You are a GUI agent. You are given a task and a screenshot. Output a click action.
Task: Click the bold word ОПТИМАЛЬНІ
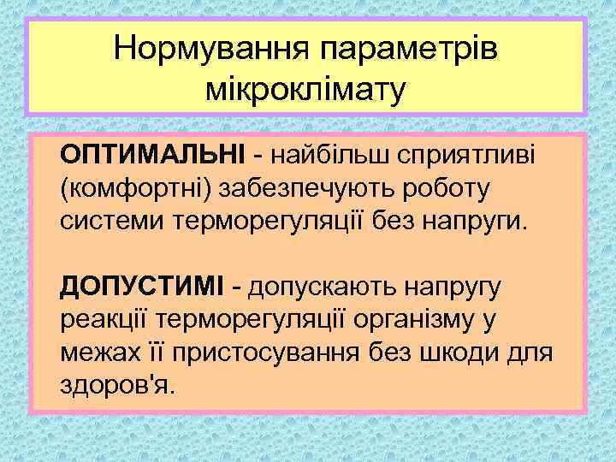pyautogui.click(x=151, y=154)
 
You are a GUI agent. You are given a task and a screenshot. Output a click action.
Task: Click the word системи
pyautogui.click(x=114, y=222)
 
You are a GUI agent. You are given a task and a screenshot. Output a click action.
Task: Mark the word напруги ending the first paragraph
pyautogui.click(x=478, y=222)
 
